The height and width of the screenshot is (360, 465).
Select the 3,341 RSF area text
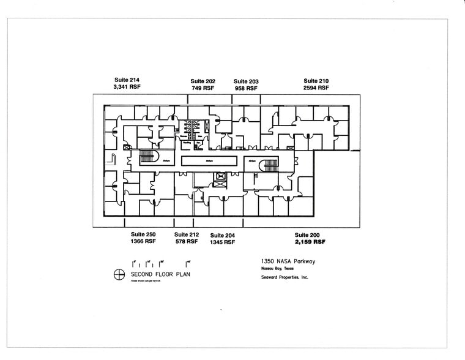coord(127,87)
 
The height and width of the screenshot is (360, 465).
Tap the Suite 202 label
coord(203,81)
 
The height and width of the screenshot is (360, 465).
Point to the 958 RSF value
coord(246,88)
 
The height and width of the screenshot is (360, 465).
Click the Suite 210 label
coord(316,81)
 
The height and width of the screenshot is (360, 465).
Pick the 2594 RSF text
coord(316,88)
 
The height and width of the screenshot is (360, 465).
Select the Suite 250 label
coord(143,234)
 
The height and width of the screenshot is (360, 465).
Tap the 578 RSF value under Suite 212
coord(186,242)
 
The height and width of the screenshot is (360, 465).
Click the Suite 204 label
coord(223,235)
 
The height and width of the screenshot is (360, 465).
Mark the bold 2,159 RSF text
coord(310,242)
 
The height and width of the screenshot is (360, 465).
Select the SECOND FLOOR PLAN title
coord(160,274)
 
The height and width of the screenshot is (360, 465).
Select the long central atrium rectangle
coord(209,160)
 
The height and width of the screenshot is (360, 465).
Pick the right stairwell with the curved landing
coord(268,165)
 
